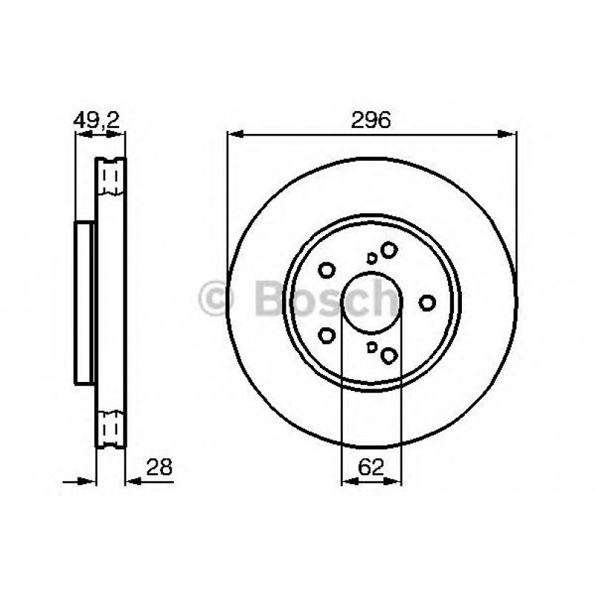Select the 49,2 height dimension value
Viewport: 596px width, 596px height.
[x=96, y=120]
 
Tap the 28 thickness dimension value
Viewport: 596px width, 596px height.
[x=160, y=466]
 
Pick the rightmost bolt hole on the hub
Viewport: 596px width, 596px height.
[x=427, y=302]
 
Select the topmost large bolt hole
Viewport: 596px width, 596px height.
[x=389, y=250]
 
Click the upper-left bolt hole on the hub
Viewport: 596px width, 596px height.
[x=327, y=270]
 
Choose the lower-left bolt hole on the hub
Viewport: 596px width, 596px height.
[x=327, y=335]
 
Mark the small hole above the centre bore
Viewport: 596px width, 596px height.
[x=372, y=258]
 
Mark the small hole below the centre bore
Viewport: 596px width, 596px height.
[x=372, y=348]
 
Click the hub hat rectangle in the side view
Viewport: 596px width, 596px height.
[x=85, y=303]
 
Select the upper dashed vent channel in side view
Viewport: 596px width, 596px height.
[x=111, y=178]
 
